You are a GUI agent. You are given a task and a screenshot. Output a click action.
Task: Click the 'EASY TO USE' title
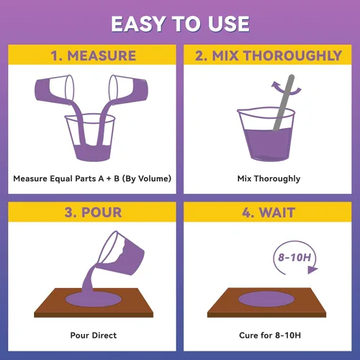tap(180, 24)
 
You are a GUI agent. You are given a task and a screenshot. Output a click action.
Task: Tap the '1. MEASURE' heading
tap(94, 55)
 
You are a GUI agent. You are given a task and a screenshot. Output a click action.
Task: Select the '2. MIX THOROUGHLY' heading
tap(269, 55)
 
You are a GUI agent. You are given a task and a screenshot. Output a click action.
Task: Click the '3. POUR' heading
tap(93, 212)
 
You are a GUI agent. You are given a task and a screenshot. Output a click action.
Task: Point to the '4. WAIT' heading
tap(269, 212)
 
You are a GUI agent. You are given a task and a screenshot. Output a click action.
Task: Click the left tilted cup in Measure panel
tap(54, 89)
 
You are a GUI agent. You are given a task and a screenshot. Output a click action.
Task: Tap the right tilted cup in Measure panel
tap(128, 89)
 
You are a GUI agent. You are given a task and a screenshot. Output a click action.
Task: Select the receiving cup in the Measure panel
tap(90, 138)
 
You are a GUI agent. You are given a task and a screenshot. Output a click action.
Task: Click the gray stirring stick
tap(284, 103)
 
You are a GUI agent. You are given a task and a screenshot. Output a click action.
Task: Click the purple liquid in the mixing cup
tap(268, 144)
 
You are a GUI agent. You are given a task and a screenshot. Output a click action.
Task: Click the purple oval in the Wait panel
tap(266, 300)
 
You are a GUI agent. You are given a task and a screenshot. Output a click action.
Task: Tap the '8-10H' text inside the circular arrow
tap(294, 257)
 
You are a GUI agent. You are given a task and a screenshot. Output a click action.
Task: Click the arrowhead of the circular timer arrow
tap(312, 270)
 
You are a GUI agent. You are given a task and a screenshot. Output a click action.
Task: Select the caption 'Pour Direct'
tap(94, 336)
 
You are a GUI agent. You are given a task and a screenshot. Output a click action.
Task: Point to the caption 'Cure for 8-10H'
tap(270, 336)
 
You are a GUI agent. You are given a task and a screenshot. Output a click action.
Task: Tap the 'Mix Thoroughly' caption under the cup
tap(269, 179)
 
